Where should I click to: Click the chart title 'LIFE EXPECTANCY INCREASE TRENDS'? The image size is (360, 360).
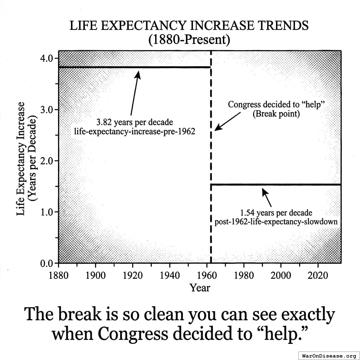click(x=189, y=26)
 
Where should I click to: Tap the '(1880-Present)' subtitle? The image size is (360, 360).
click(x=189, y=40)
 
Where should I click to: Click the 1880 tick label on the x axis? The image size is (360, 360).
click(x=58, y=275)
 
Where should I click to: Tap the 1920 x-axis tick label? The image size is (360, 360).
click(x=133, y=275)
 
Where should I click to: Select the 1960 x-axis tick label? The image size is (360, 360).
click(x=207, y=275)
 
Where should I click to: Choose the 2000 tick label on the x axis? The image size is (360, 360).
click(x=281, y=275)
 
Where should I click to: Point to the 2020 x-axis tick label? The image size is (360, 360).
click(x=318, y=275)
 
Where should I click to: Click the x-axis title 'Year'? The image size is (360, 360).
click(x=200, y=288)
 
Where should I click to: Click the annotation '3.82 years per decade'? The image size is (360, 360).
click(x=135, y=123)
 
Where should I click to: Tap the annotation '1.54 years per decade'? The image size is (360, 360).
click(x=276, y=213)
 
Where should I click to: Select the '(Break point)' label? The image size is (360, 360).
click(x=276, y=114)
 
